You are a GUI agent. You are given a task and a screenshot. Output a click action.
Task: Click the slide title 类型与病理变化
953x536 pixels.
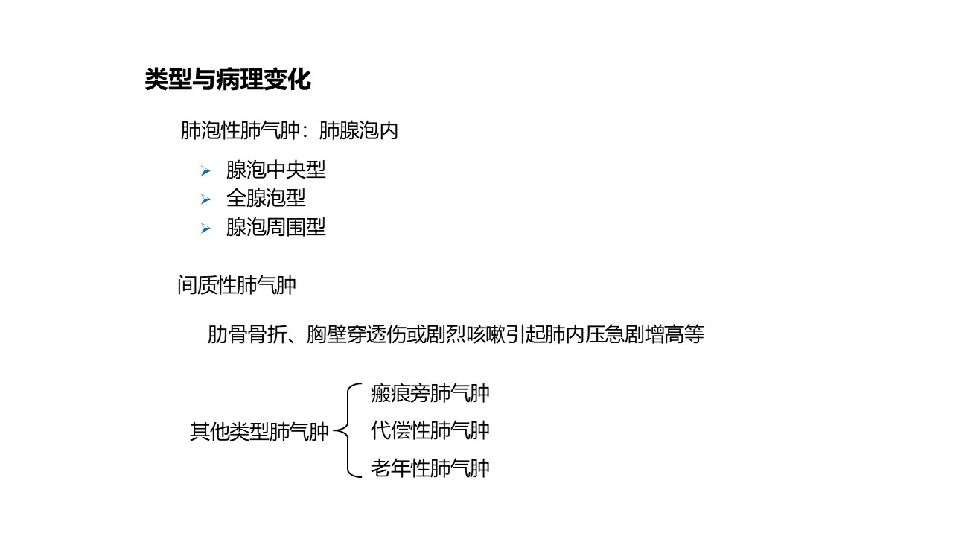228,79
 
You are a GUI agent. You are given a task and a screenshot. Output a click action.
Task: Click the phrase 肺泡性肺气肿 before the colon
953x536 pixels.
240,130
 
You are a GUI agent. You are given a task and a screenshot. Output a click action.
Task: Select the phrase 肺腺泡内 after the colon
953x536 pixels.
358,130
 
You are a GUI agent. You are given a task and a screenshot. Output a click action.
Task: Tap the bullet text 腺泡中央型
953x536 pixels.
275,170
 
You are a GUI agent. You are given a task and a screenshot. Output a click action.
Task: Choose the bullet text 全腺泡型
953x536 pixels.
266,198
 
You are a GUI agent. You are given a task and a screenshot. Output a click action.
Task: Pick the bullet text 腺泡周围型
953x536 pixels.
275,227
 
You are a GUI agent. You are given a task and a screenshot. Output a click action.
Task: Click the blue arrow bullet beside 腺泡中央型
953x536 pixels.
205,171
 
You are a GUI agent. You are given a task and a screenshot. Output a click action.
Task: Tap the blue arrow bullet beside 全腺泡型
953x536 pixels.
205,200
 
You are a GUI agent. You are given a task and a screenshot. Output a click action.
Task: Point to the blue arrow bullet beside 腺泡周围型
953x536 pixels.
205,229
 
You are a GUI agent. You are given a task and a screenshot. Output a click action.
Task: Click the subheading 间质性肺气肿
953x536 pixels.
237,285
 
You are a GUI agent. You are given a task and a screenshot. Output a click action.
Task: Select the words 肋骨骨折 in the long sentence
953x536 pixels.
247,334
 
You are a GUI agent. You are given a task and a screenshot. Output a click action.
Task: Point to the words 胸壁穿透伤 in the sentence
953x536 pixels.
356,334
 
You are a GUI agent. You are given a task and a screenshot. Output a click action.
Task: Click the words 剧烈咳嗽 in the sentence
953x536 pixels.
465,334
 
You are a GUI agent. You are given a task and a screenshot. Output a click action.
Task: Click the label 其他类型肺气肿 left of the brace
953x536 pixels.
259,433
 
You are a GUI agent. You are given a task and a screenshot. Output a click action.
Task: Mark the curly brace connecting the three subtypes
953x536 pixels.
348,430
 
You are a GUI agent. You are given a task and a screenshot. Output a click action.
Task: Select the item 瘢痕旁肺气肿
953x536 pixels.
430,394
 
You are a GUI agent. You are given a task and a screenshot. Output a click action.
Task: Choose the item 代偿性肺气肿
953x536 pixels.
430,430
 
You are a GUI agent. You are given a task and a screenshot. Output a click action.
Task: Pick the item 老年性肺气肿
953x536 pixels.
430,468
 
